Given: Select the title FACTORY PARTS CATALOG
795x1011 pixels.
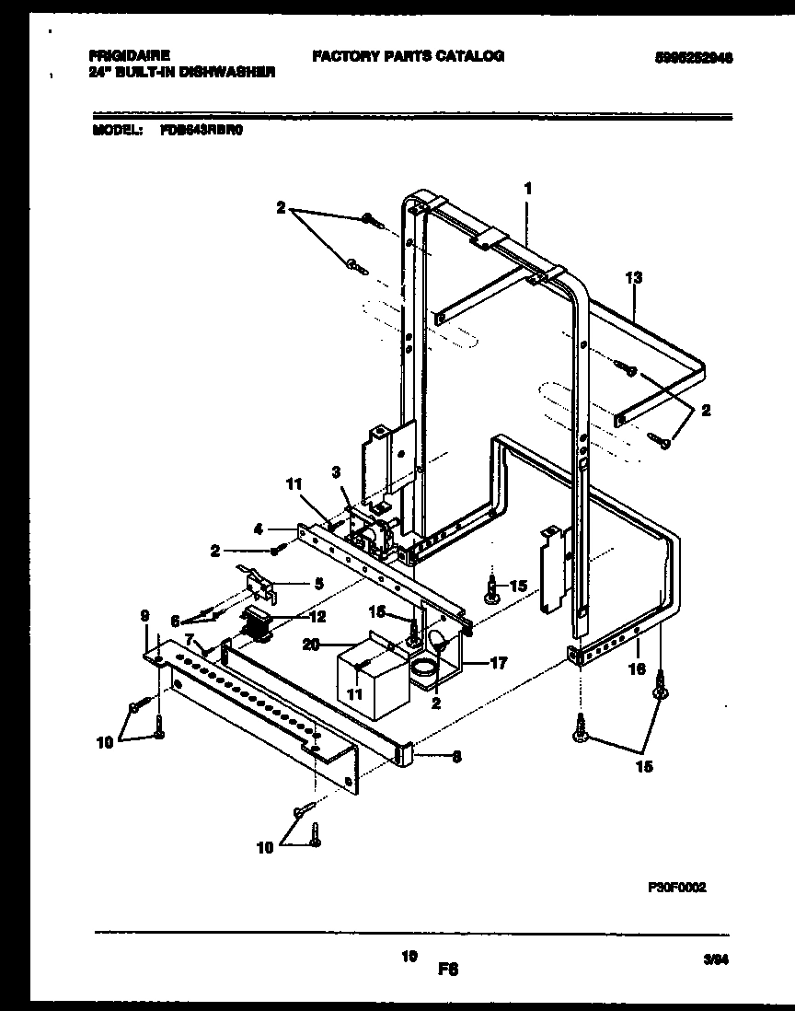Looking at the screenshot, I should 408,56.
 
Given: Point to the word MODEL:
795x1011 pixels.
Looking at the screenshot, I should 116,131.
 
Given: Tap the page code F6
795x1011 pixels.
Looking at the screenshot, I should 448,969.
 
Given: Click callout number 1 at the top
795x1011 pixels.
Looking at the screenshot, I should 528,188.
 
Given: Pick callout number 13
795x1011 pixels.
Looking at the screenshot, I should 633,276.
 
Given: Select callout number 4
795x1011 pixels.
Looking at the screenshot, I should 259,529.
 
